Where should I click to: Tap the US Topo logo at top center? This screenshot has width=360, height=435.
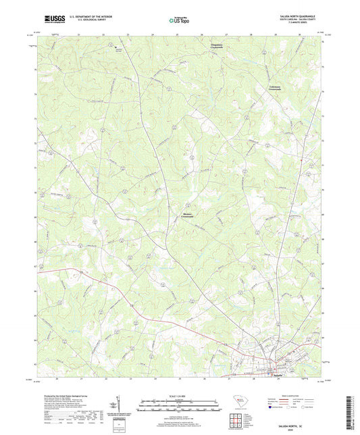(x=177, y=21)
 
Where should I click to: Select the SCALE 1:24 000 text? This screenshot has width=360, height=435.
(x=180, y=396)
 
